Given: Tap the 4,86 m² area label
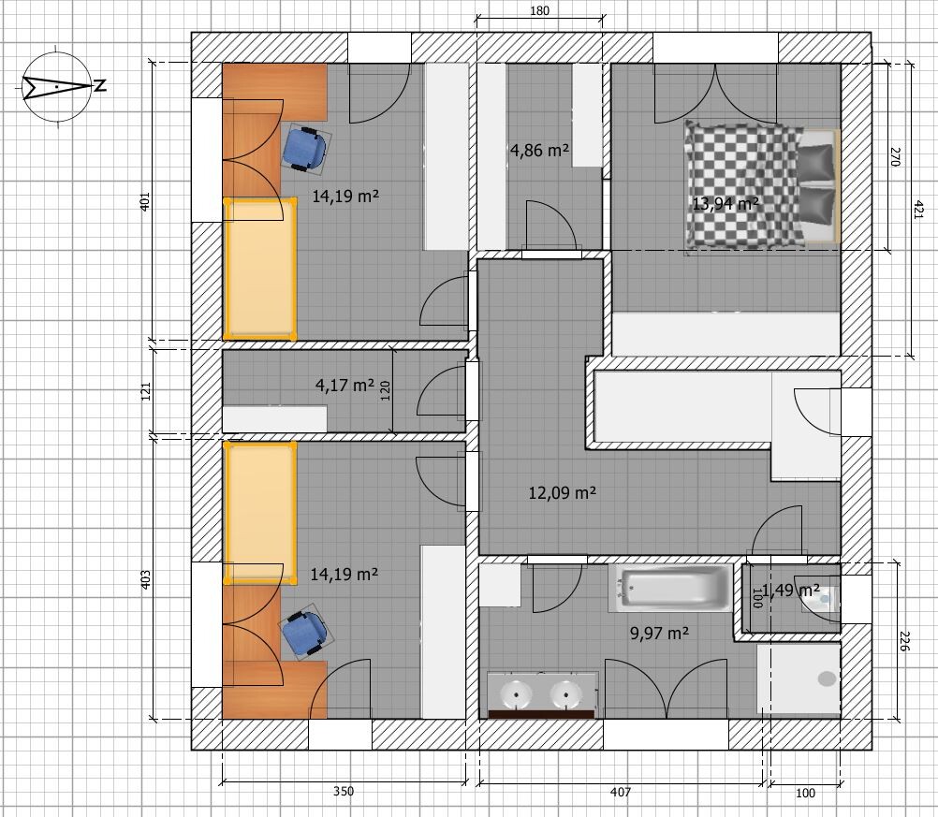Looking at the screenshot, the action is coord(539,150).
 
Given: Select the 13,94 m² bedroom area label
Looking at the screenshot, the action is coord(725,203).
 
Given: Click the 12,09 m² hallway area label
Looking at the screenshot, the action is coord(563,493).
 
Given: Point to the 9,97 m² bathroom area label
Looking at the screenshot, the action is coord(659,633).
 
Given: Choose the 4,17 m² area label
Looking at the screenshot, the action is coord(344,385).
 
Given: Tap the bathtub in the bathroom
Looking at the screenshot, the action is coord(670,589).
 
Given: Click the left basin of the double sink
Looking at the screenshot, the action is coord(516,694).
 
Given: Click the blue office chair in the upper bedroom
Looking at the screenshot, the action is coord(304,148).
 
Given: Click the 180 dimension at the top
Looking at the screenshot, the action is coord(539,11).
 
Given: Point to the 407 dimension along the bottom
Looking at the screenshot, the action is coord(621,792).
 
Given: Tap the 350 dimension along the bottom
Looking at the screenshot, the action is coord(344,792).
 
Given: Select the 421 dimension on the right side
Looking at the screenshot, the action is coord(918,210).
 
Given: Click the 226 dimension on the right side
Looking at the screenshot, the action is coord(904,642).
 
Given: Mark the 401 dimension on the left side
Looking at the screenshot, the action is coord(145,201).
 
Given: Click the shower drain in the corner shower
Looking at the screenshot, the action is coord(827,678).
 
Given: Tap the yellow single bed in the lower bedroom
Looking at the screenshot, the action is coord(260,512).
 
